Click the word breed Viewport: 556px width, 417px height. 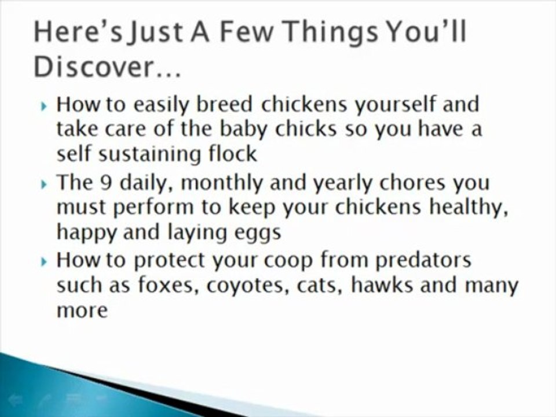tap(227, 105)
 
